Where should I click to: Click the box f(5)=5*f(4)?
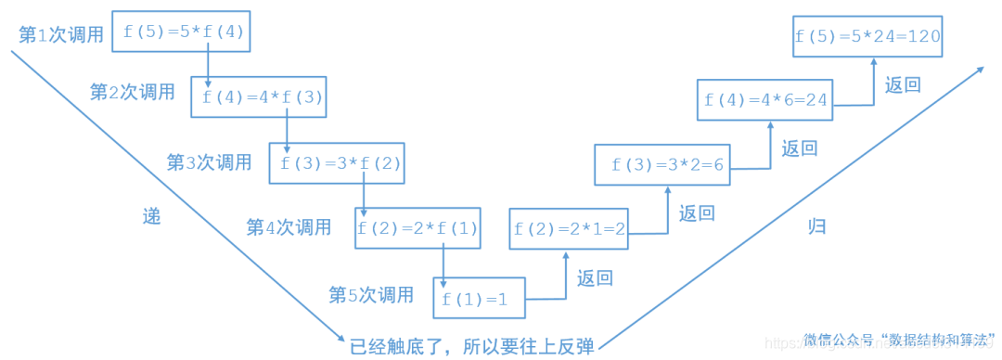coord(181,32)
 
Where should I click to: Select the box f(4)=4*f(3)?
coord(260,96)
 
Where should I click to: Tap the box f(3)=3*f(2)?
coord(338,162)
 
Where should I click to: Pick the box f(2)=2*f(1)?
coord(417,228)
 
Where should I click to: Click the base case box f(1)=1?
coord(479,299)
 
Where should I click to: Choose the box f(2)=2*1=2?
coord(569,228)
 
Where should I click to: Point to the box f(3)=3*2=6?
coord(666,164)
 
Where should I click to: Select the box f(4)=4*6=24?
coord(764,99)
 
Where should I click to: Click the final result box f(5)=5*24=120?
coord(867,37)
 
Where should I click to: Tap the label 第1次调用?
coord(61,34)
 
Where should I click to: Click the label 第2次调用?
coord(132,92)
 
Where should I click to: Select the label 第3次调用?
coord(209,162)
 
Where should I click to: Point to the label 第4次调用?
coord(289,226)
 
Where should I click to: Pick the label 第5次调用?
coord(371,295)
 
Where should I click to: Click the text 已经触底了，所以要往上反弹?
coord(471,345)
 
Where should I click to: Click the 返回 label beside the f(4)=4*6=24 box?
coord(903,84)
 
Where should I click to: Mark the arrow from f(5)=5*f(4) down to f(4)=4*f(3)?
coord(208,64)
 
